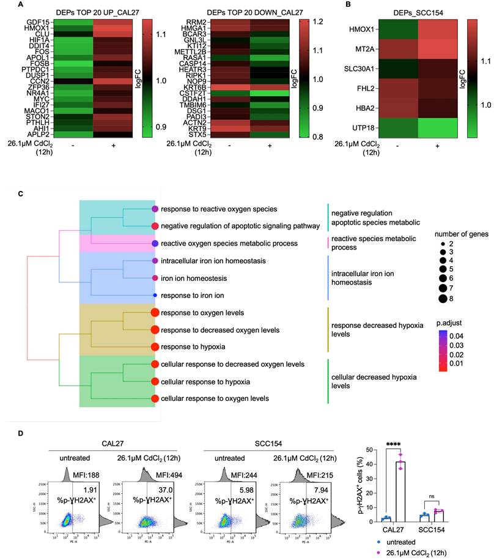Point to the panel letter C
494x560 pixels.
point(21,194)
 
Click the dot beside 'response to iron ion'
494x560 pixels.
point(155,296)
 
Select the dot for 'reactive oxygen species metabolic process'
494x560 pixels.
point(155,244)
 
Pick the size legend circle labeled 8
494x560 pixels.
point(444,298)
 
